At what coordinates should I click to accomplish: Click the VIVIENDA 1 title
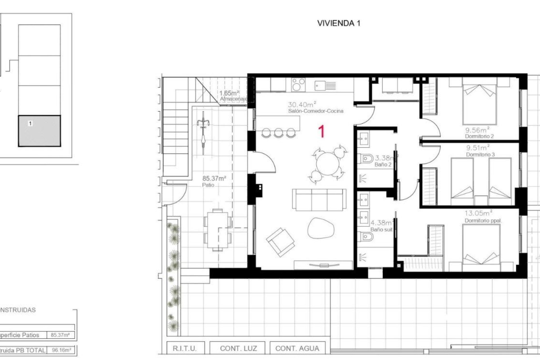[x=339, y=23]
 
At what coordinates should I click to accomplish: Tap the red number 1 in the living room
[x=321, y=132]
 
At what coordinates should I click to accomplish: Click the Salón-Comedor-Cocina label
[x=316, y=111]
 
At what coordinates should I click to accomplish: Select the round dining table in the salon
[x=328, y=163]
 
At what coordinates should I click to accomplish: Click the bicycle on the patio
[x=203, y=132]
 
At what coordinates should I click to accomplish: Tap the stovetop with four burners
[x=298, y=84]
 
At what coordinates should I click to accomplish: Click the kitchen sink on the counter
[x=325, y=85]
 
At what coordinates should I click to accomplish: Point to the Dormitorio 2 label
[x=479, y=136]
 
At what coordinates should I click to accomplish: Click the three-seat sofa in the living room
[x=319, y=199]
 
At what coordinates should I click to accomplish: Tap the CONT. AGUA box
[x=297, y=348]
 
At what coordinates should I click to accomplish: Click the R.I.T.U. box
[x=185, y=348]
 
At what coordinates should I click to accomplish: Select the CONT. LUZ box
[x=238, y=348]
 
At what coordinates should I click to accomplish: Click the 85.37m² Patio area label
[x=214, y=179]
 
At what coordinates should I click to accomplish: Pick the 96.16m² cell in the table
[x=61, y=350]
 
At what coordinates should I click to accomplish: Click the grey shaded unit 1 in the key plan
[x=39, y=131]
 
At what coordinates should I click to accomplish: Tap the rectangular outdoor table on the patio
[x=217, y=230]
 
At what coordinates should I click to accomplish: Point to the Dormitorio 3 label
[x=480, y=154]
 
